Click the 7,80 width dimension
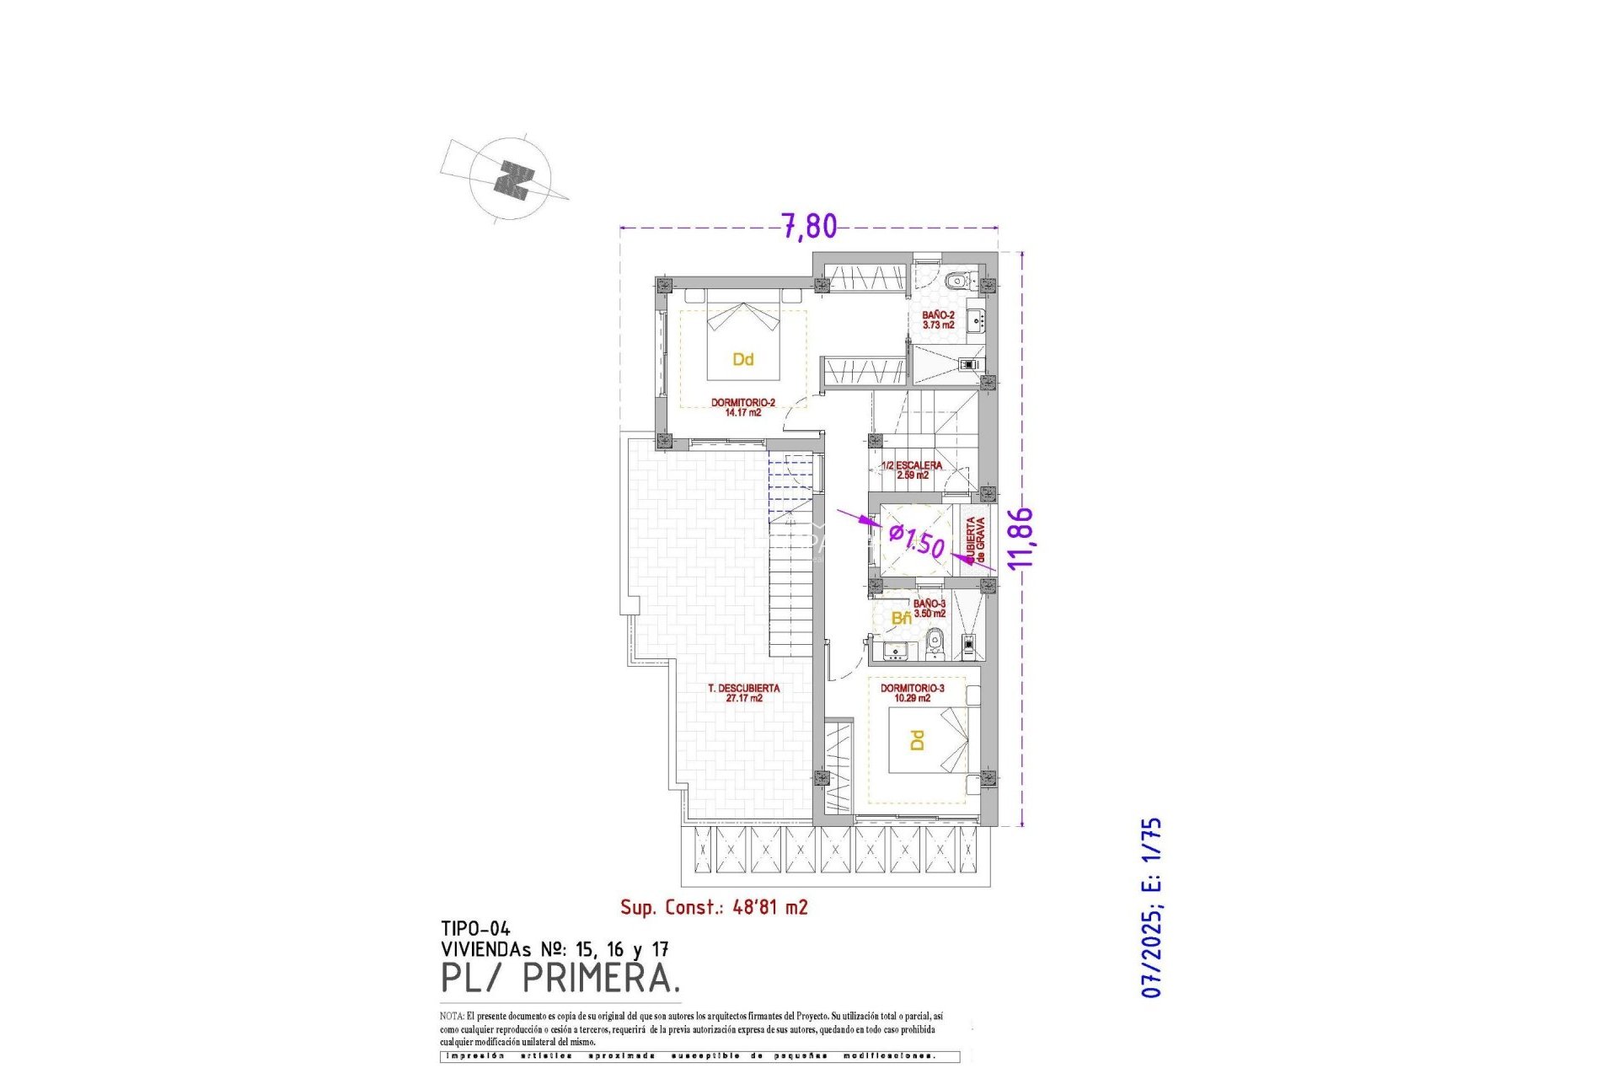809,226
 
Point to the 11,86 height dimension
1021,539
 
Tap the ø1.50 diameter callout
918,540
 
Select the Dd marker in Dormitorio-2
742,360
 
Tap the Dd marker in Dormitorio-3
918,740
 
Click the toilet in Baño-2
955,282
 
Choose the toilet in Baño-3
934,647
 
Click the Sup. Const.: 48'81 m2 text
714,907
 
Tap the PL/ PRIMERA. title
560,978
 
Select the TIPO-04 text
475,929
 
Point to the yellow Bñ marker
901,618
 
